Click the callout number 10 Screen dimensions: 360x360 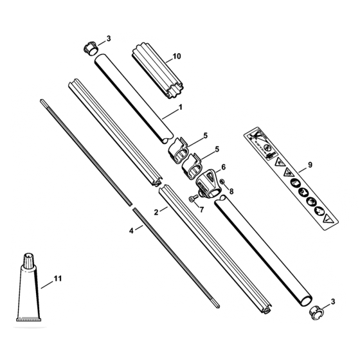pyautogui.click(x=177, y=57)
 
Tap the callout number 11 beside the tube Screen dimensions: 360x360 pyautogui.click(x=58, y=278)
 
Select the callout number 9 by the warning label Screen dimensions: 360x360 pyautogui.click(x=310, y=165)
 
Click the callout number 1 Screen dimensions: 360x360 pyautogui.click(x=181, y=107)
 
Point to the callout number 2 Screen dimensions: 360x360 pyautogui.click(x=156, y=212)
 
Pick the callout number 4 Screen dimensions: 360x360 pyautogui.click(x=131, y=231)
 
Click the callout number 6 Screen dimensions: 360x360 pyautogui.click(x=224, y=167)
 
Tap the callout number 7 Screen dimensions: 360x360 pyautogui.click(x=202, y=210)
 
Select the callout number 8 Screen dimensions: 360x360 pyautogui.click(x=231, y=192)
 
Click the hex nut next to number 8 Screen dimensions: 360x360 pyautogui.click(x=222, y=182)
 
